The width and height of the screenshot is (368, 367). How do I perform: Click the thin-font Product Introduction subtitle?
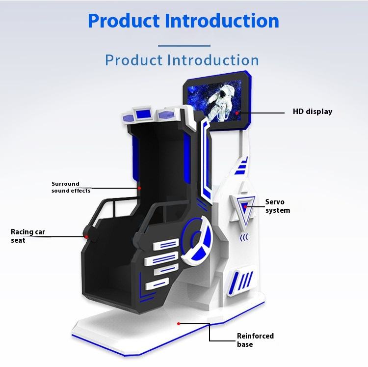coord(182,60)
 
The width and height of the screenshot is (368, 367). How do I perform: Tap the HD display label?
coord(313,112)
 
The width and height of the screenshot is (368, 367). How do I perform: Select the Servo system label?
coord(277,206)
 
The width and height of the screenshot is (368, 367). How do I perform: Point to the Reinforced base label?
coord(255,340)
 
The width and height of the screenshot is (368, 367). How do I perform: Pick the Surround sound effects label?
coord(71,187)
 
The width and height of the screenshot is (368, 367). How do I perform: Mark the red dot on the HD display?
coord(237,113)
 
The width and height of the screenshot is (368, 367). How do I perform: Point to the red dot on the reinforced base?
coord(179,323)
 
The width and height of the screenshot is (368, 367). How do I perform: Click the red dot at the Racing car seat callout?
coord(86,236)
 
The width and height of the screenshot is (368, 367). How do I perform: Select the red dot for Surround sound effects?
coord(139,188)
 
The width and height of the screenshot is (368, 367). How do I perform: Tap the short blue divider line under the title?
coord(184,46)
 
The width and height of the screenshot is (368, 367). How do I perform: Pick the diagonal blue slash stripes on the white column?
coord(246,281)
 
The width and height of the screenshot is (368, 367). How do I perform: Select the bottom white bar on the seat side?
coord(157,283)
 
